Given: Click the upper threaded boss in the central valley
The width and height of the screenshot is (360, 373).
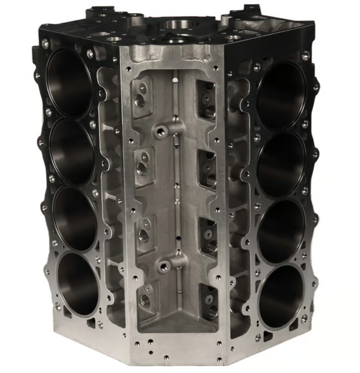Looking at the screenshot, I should point(161,131).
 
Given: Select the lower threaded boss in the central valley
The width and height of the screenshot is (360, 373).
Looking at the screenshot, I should point(165,266).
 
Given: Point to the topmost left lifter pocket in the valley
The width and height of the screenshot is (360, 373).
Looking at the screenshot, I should point(142,95).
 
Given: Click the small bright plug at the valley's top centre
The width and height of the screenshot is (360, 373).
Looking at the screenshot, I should point(176,80).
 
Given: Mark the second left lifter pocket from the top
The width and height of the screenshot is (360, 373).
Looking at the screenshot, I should point(142,163).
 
